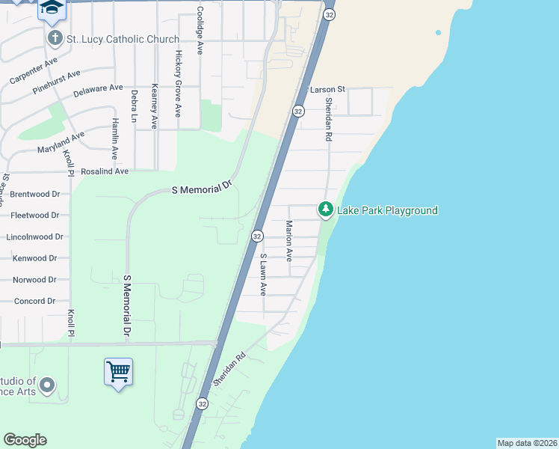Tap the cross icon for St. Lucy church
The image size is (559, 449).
tap(55, 37)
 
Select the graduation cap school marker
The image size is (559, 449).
tap(52, 7)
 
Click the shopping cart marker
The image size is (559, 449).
tap(118, 370)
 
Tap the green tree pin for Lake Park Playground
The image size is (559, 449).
tap(326, 210)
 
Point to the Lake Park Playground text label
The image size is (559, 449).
tap(387, 210)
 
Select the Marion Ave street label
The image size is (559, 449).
tap(288, 240)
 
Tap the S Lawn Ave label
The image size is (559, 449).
tap(263, 274)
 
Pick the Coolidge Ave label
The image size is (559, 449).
tap(200, 31)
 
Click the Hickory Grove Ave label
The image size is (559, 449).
tap(178, 83)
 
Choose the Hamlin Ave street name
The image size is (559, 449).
tap(115, 138)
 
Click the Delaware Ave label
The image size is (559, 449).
tap(98, 91)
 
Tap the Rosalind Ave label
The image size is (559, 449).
tap(105, 171)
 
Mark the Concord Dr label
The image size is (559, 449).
tap(34, 301)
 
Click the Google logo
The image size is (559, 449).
tap(25, 440)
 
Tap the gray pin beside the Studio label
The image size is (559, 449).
tap(46, 386)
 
